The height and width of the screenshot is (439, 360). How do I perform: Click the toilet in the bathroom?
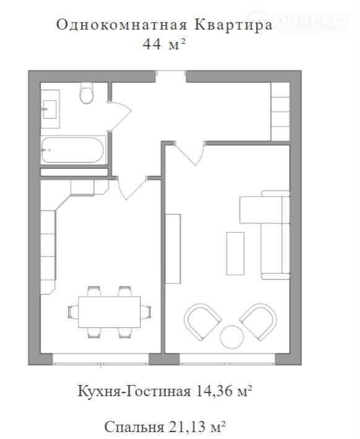pyautogui.click(x=87, y=93)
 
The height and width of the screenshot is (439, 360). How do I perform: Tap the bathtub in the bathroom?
pyautogui.click(x=73, y=150)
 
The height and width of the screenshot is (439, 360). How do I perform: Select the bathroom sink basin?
pyautogui.click(x=49, y=110)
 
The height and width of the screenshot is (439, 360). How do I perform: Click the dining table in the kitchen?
pyautogui.click(x=109, y=312)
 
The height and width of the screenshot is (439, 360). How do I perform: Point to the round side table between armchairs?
pyautogui.click(x=231, y=337)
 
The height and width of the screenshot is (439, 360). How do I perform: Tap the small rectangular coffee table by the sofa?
pyautogui.click(x=235, y=253)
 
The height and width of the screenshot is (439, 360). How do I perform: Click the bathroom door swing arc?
pyautogui.click(x=123, y=115)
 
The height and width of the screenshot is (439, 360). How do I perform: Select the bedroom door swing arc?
pyautogui.click(x=191, y=155)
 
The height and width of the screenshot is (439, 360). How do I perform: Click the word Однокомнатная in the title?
pyautogui.click(x=122, y=25)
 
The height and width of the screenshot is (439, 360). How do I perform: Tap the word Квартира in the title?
pyautogui.click(x=233, y=25)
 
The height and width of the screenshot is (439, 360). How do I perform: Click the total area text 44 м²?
pyautogui.click(x=164, y=44)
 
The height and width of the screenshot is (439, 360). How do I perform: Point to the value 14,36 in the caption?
pyautogui.click(x=214, y=391)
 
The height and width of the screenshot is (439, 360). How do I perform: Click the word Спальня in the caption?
pyautogui.click(x=134, y=427)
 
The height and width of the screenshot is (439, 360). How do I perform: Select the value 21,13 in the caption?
pyautogui.click(x=187, y=427)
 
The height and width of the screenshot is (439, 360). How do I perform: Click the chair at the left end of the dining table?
pyautogui.click(x=73, y=312)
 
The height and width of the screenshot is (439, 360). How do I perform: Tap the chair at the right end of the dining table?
pyautogui.click(x=146, y=312)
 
